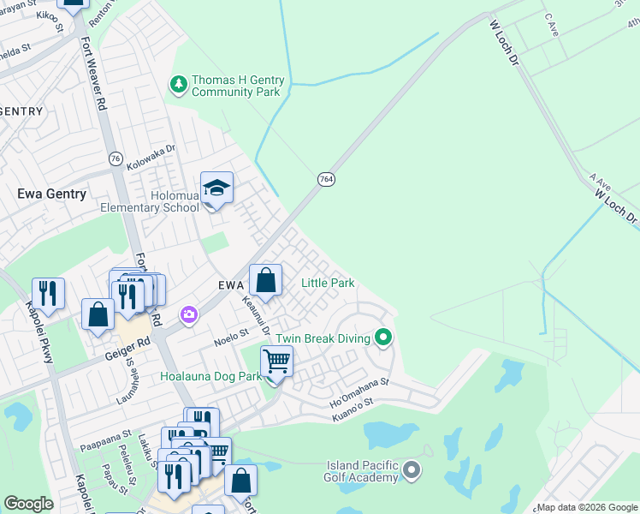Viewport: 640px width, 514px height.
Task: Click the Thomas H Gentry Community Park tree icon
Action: tap(179, 84)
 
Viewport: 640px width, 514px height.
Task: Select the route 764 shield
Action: tap(325, 179)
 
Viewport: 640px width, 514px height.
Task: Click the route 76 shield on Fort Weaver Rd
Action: tap(116, 158)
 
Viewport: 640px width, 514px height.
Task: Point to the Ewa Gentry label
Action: tap(52, 194)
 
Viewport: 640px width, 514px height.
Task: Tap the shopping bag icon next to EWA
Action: tap(265, 280)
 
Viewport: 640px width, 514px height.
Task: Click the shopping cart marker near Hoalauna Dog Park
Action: tap(276, 363)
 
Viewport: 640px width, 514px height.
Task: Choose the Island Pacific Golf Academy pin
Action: tap(412, 469)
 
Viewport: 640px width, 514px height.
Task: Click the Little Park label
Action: tap(328, 283)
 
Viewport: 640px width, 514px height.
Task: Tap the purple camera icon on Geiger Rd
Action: tap(188, 316)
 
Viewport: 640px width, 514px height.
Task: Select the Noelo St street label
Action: tap(231, 333)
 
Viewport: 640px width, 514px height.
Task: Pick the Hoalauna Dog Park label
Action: tap(210, 376)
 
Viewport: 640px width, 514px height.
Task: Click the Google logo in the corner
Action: tap(28, 503)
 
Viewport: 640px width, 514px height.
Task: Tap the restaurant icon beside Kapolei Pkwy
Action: tap(48, 293)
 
